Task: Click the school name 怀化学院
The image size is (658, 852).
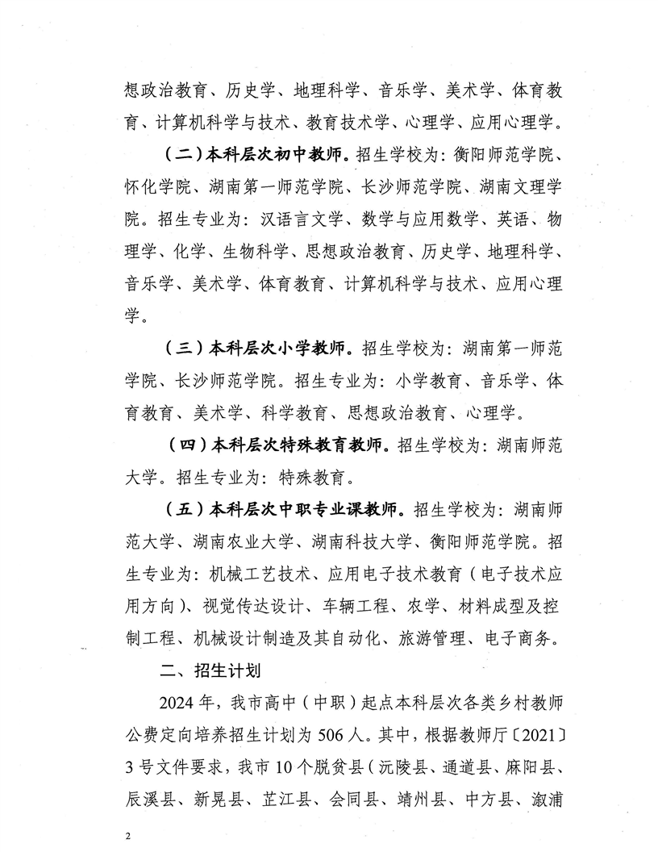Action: tap(158, 187)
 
